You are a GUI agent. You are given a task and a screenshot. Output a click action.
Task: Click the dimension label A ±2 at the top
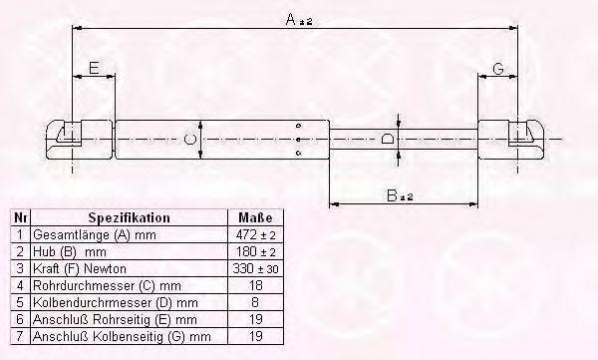pyautogui.click(x=299, y=19)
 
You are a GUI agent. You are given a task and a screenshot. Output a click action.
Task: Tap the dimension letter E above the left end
pyautogui.click(x=94, y=68)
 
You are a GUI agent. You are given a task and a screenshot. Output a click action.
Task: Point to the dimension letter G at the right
pyautogui.click(x=498, y=69)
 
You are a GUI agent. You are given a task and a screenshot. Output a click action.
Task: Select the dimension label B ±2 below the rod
pyautogui.click(x=400, y=195)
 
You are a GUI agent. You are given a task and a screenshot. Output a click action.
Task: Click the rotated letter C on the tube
pyautogui.click(x=189, y=139)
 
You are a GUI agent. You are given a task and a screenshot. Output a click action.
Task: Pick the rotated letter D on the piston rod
pyautogui.click(x=388, y=139)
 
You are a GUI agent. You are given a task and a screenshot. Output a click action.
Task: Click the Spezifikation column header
pyautogui.click(x=129, y=217)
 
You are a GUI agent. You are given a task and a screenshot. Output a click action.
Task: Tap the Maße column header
pyautogui.click(x=255, y=217)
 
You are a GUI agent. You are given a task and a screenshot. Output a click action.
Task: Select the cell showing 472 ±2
pyautogui.click(x=255, y=234)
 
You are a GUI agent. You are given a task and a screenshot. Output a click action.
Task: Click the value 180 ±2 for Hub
pyautogui.click(x=255, y=251)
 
